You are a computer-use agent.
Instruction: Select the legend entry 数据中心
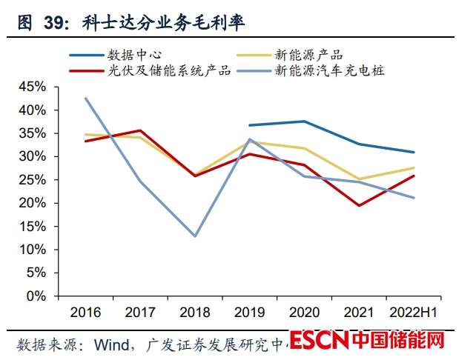coord(134,54)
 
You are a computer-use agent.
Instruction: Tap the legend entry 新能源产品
coord(308,54)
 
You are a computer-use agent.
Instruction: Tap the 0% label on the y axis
coord(36,296)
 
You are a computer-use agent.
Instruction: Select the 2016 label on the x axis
coord(85,312)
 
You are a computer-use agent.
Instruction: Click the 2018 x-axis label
coord(195,312)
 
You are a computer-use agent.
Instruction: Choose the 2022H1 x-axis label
coord(414,312)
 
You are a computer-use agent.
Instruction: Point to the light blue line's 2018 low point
coord(195,236)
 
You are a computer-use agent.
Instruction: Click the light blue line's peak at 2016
coord(85,98)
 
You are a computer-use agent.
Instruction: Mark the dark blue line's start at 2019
coord(249,125)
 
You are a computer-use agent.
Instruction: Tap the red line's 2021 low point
coord(359,205)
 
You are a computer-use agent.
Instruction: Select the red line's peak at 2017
coord(140,130)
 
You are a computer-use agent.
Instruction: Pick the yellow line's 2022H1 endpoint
coord(414,167)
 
